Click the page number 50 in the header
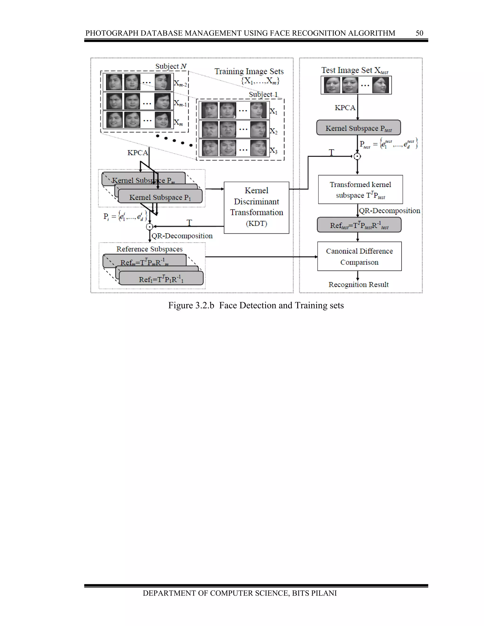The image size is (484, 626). point(419,33)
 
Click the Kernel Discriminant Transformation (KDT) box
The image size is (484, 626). point(256,207)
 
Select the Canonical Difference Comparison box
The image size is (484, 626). point(359,256)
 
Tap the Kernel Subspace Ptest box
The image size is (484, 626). point(359,128)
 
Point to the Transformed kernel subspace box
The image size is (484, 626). point(360,189)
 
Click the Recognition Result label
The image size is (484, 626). point(359,285)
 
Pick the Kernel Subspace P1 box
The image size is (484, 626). point(160,197)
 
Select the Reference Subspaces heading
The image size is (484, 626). point(149,249)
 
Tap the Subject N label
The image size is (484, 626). point(171,66)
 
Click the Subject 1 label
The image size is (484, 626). point(263,94)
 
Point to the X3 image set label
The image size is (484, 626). point(273,150)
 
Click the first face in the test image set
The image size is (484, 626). point(332,85)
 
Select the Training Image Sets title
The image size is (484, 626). point(249,71)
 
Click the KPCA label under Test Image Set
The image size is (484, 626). point(345,107)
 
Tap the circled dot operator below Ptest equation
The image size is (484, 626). point(357,156)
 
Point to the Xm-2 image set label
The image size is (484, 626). point(180,84)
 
